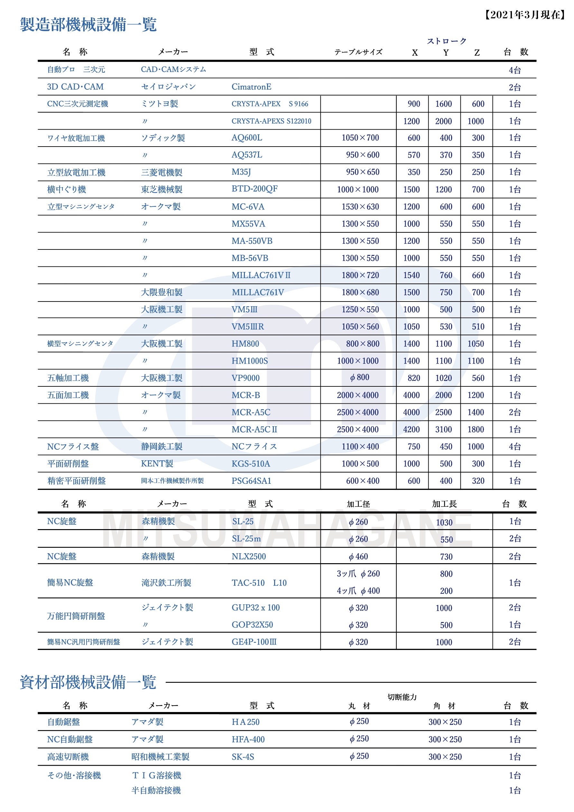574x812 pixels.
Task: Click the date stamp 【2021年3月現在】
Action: click(525, 15)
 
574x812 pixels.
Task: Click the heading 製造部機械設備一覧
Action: click(88, 25)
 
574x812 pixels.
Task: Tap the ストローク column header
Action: click(446, 41)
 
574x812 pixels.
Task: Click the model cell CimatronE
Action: click(251, 87)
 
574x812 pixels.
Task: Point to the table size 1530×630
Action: click(360, 207)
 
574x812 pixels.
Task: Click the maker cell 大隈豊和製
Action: click(162, 293)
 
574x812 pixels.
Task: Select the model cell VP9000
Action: click(245, 378)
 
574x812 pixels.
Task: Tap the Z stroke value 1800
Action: click(475, 429)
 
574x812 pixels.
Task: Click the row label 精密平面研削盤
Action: click(77, 481)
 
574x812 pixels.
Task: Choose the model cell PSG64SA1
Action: click(251, 481)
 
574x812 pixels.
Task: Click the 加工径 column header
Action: click(358, 504)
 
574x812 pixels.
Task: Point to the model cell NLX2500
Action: click(248, 556)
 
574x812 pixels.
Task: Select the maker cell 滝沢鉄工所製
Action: click(166, 582)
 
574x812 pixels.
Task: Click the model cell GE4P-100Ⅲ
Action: click(254, 642)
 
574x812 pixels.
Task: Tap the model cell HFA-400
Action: click(248, 739)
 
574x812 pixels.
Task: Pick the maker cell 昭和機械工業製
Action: click(160, 756)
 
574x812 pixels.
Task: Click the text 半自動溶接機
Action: click(156, 790)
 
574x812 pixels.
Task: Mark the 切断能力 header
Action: click(402, 697)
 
